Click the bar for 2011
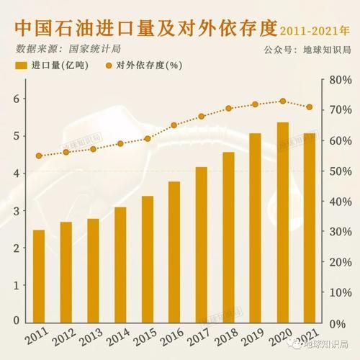(x=39, y=276)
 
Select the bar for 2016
(x=174, y=252)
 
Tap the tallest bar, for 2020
(x=282, y=222)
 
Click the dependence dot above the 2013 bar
(x=93, y=149)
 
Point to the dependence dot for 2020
(x=282, y=102)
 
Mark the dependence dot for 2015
(x=147, y=139)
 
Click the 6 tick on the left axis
(x=14, y=99)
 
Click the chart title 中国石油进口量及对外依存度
(x=144, y=30)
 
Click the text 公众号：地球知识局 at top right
(x=311, y=49)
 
